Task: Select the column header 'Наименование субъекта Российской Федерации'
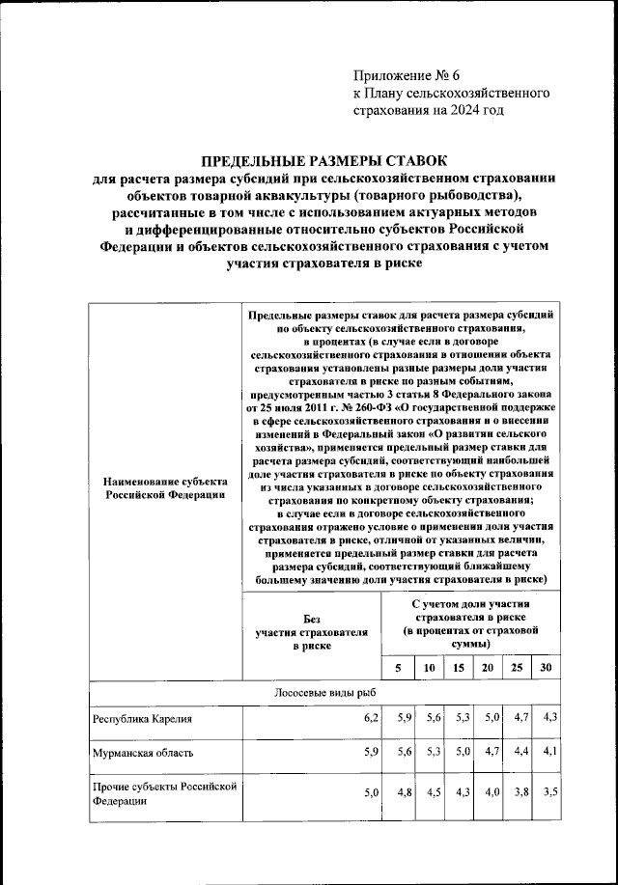click(166, 487)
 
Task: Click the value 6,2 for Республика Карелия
click(372, 719)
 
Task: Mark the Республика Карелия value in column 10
click(433, 719)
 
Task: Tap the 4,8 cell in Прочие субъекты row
click(405, 793)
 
